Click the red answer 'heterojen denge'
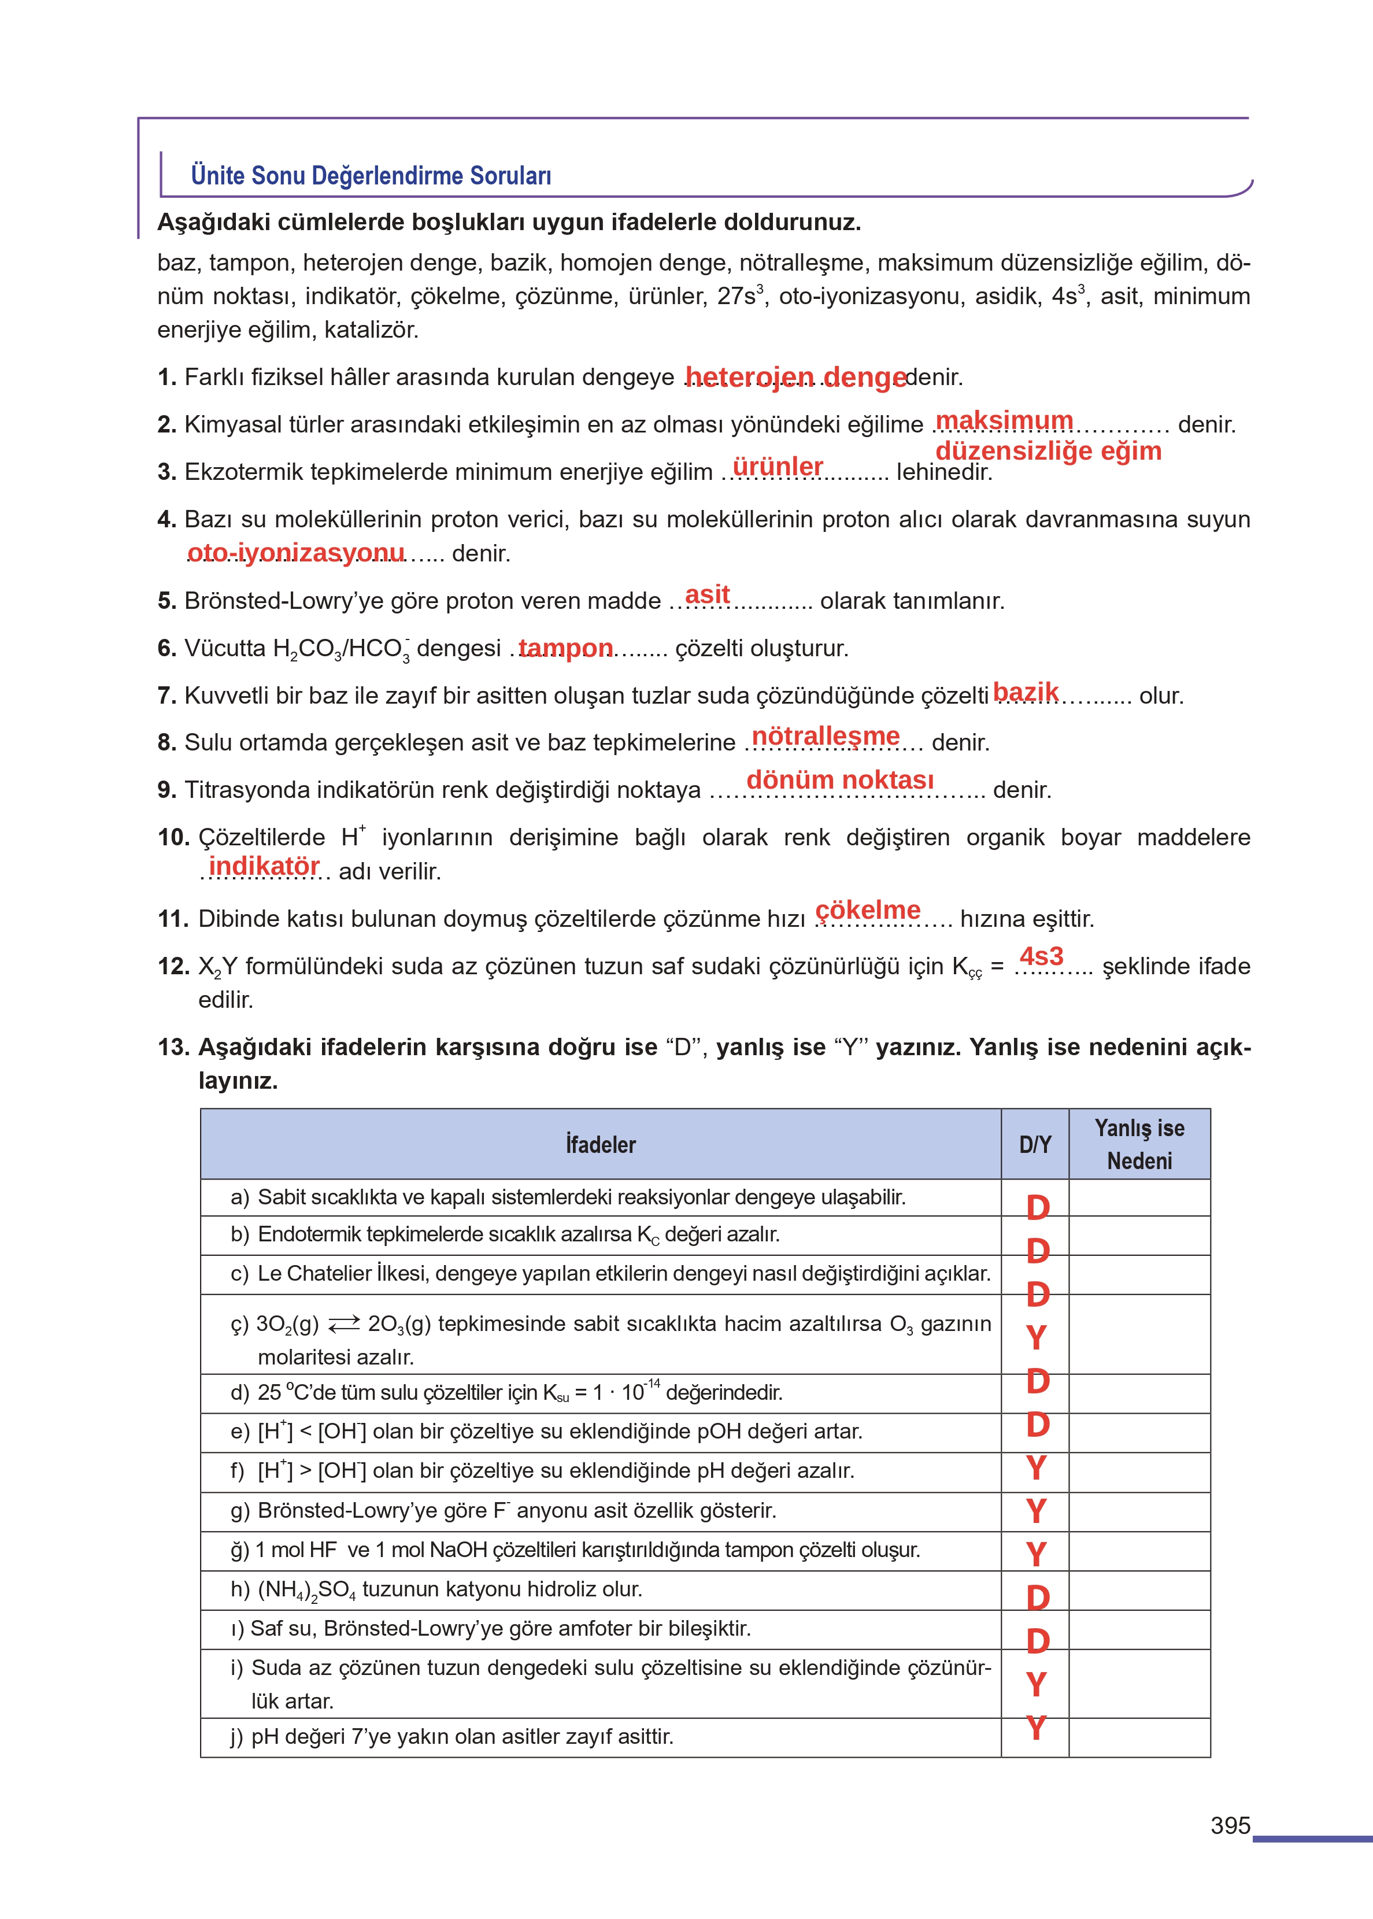(x=795, y=376)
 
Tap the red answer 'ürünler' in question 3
(x=777, y=466)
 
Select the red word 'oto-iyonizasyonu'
(x=296, y=552)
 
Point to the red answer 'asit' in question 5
(x=707, y=594)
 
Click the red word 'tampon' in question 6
(x=565, y=648)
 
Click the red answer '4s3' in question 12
(x=1041, y=956)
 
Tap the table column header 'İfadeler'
(x=600, y=1145)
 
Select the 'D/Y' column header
(x=1035, y=1145)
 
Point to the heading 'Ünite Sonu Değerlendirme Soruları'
(x=371, y=175)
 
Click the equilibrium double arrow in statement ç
(x=343, y=1324)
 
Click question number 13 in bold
(x=173, y=1048)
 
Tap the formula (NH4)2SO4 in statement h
(x=306, y=1589)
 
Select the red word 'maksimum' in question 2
(x=1004, y=420)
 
